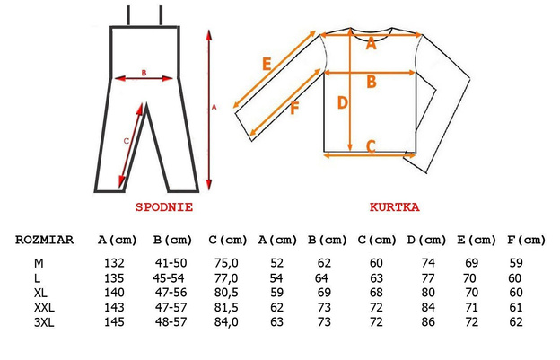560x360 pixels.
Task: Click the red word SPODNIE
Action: tap(164, 207)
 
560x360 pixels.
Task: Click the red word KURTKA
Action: tap(395, 207)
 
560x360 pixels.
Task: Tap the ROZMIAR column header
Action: tap(44, 240)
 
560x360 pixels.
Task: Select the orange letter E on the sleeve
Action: tap(267, 65)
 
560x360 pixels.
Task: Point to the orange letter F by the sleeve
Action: tap(294, 109)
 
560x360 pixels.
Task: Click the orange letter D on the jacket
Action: tap(343, 103)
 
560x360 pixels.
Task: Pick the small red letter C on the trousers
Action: tap(126, 142)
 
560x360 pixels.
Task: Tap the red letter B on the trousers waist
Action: tap(144, 73)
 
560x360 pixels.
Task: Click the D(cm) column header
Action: tap(427, 240)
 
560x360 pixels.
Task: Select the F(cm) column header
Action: tap(527, 240)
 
